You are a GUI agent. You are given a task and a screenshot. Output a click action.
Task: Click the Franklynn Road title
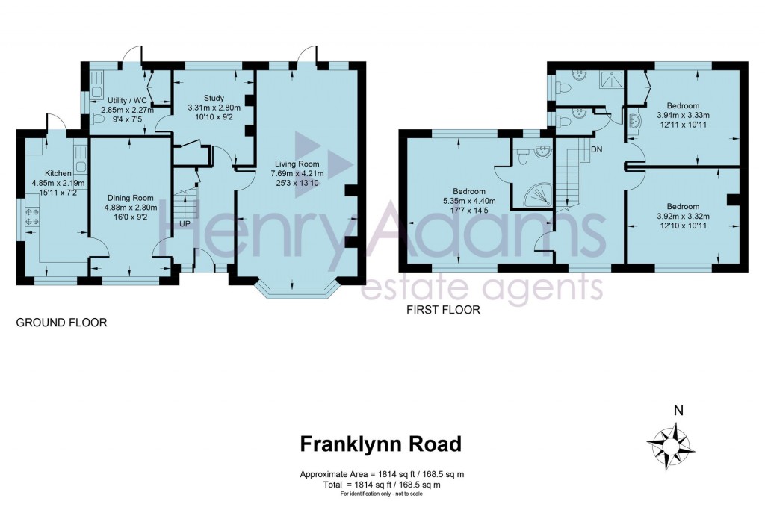point(380,444)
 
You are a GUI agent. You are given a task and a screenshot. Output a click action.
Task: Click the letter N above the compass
point(678,410)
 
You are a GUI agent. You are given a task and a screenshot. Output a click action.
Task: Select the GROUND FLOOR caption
point(61,323)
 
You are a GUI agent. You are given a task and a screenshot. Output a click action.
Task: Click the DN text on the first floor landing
point(597,149)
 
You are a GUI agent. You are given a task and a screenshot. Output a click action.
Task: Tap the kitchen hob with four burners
point(32,217)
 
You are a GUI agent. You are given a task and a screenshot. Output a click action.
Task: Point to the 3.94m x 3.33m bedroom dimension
point(683,116)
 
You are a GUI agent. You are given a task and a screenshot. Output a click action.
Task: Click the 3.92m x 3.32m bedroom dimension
point(683,217)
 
